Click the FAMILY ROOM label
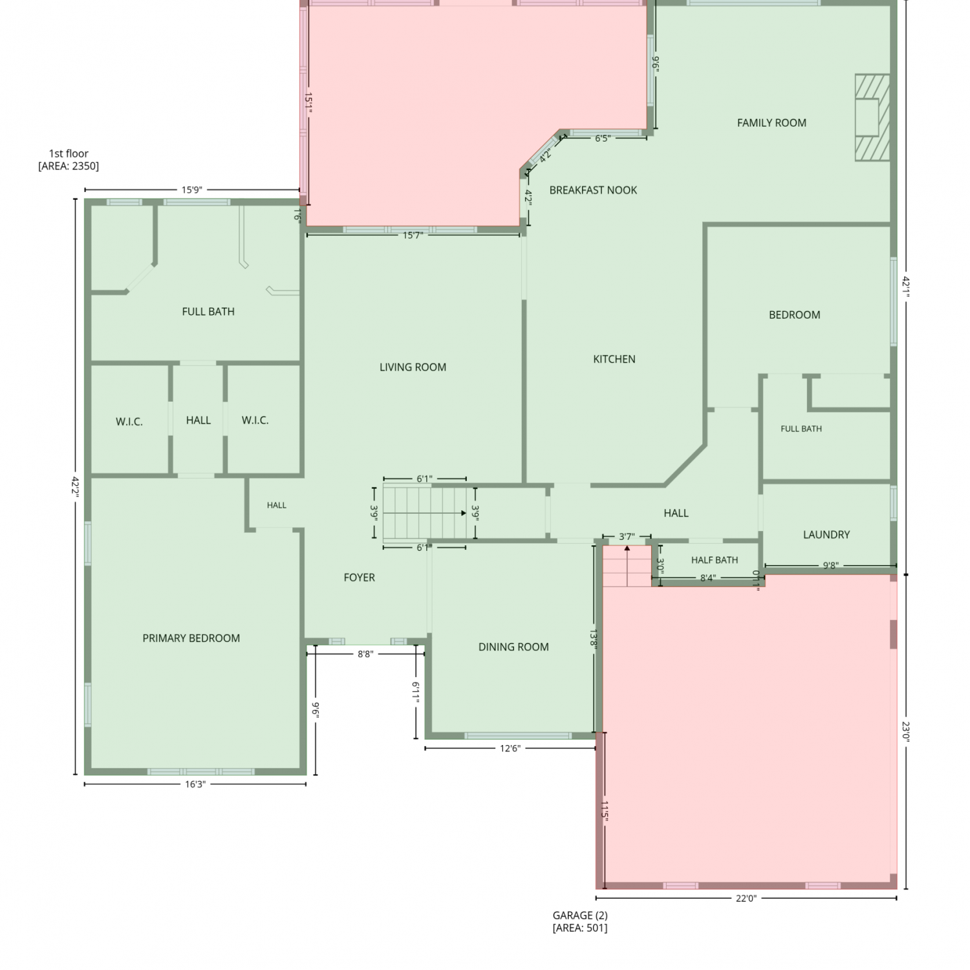coord(771,123)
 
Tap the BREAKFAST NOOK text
coord(593,190)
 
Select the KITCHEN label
coord(614,359)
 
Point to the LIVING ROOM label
coord(413,367)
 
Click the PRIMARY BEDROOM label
coord(191,638)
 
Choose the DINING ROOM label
coord(513,647)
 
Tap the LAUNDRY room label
coord(826,535)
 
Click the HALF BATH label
coord(715,560)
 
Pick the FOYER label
coord(359,577)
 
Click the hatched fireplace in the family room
coord(872,118)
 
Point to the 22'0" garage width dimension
coord(746,898)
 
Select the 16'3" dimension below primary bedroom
coord(195,784)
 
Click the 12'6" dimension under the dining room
coord(510,749)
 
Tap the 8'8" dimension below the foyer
coord(365,654)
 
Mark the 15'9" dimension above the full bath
coord(191,190)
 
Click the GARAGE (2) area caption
coord(580,921)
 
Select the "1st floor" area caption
coord(69,160)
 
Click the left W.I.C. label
coord(129,422)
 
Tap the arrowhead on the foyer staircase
coord(463,513)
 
